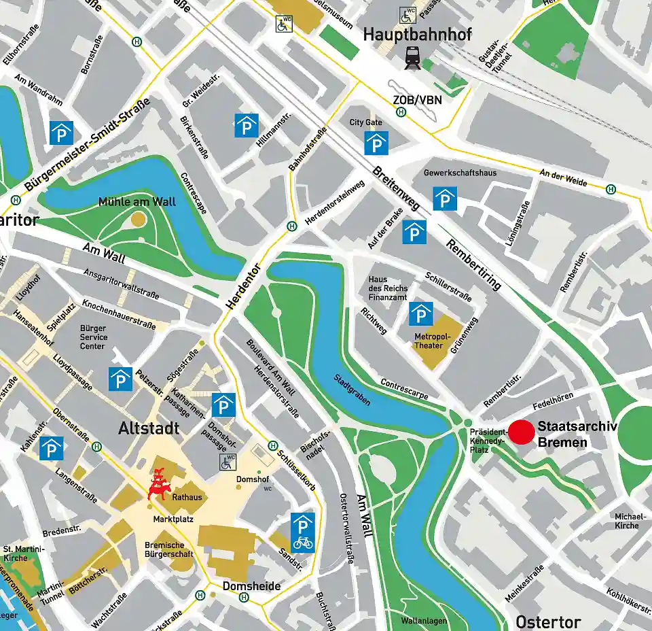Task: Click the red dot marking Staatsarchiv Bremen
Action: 522,432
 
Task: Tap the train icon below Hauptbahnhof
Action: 412,58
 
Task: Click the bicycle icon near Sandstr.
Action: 303,543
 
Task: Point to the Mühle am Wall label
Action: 137,202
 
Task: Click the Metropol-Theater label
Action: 432,341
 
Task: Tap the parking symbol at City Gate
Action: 376,143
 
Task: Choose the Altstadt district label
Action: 149,428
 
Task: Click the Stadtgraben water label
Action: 352,390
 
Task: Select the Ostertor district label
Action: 548,621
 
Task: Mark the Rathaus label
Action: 187,498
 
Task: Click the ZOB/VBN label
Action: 416,100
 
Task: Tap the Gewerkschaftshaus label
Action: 460,173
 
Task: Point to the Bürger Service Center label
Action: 93,337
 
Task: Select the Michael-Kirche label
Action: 626,521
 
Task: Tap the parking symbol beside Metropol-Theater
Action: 421,313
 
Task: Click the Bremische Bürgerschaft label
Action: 169,549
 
